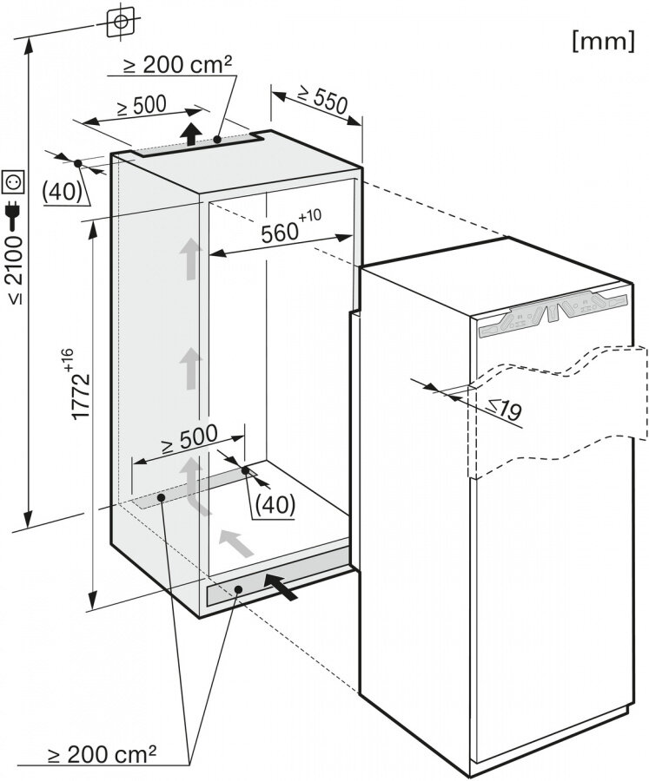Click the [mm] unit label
pyautogui.click(x=604, y=41)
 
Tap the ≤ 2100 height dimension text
pyautogui.click(x=15, y=269)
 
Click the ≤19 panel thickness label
pyautogui.click(x=503, y=409)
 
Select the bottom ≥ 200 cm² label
pyautogui.click(x=102, y=756)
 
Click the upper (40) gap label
pyautogui.click(x=63, y=192)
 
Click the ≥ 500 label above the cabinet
pyautogui.click(x=141, y=106)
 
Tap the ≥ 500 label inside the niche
pyautogui.click(x=189, y=438)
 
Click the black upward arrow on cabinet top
pyautogui.click(x=191, y=133)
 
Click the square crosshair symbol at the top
pyautogui.click(x=121, y=22)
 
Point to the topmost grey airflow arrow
pyautogui.click(x=189, y=259)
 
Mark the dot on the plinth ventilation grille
pyautogui.click(x=238, y=589)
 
